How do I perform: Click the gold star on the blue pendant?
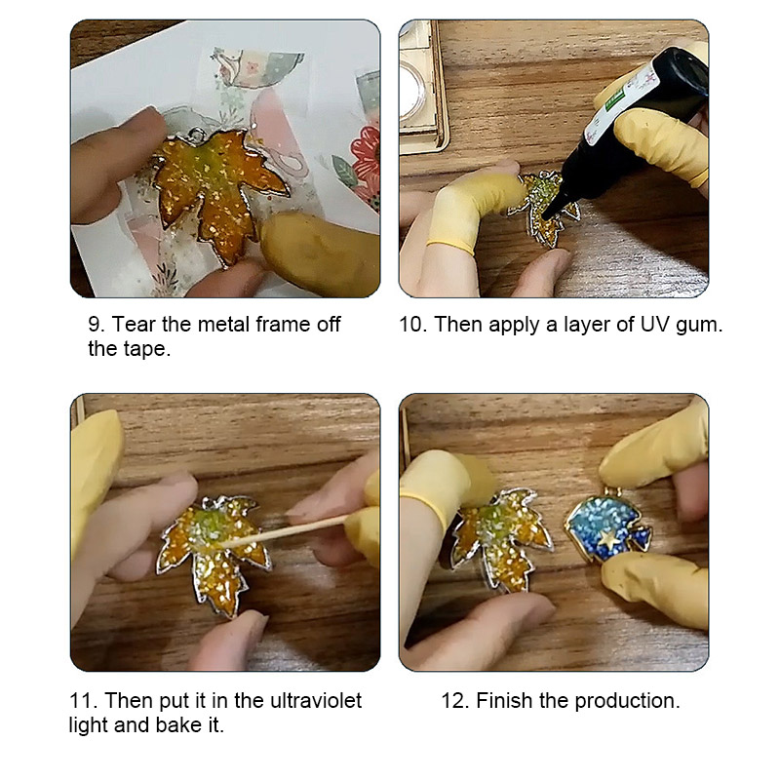(607, 539)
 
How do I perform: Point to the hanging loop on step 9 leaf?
(197, 134)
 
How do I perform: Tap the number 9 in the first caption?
(95, 325)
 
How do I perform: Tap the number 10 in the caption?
(412, 325)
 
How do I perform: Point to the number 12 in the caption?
(454, 700)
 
